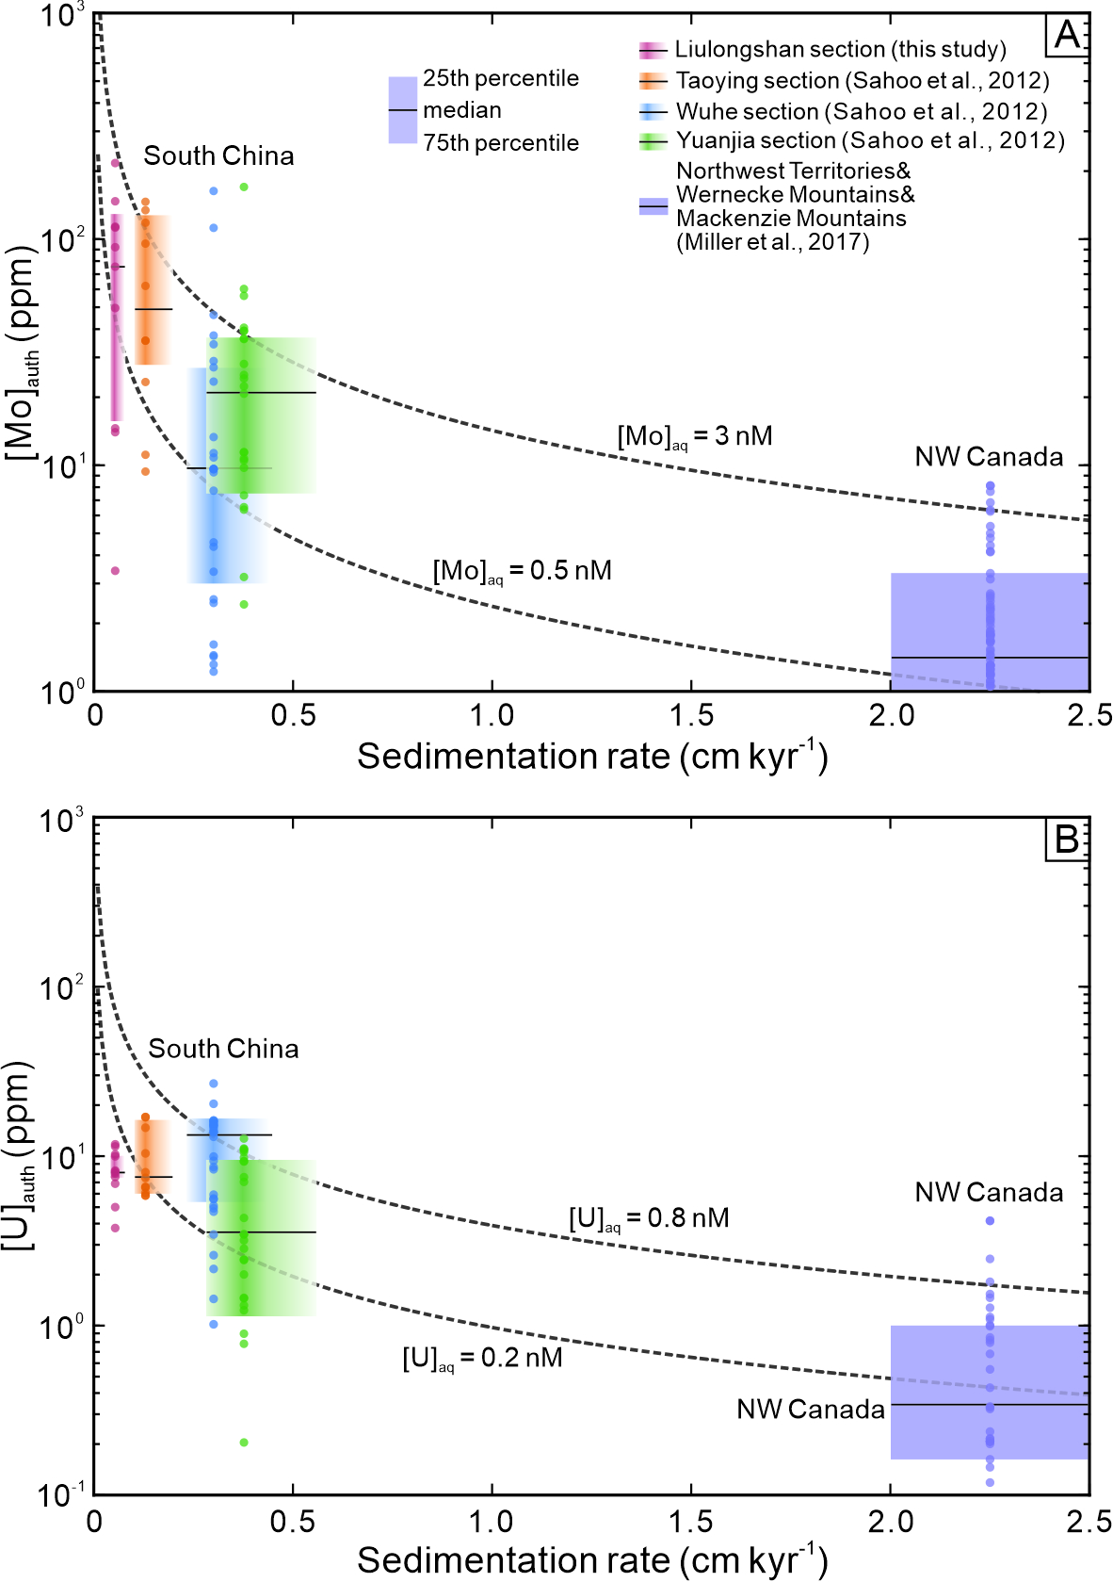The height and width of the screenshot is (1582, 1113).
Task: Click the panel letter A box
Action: point(1067,35)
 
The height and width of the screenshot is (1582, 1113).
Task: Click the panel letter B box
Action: point(1067,838)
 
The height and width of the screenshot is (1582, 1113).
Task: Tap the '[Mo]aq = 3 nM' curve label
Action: point(695,437)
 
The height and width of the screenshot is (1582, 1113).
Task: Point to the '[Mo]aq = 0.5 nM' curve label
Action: point(522,572)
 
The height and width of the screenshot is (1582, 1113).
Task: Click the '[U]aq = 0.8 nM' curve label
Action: point(649,1219)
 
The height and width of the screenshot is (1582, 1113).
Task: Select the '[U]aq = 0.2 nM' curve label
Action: point(482,1359)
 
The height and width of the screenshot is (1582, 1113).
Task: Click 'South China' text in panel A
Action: point(218,156)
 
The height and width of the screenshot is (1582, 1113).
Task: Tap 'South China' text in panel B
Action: point(223,1049)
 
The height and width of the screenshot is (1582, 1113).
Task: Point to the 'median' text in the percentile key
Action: point(461,110)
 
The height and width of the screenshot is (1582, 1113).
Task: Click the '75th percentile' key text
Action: point(500,143)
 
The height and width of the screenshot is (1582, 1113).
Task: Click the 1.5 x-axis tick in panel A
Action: point(691,715)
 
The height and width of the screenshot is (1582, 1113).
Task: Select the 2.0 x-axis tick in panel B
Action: point(891,1521)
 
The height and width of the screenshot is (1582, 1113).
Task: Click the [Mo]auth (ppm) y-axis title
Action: point(23,353)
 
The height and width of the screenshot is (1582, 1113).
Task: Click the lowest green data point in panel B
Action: point(244,1443)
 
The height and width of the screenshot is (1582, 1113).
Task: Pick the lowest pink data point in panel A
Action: point(115,570)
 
